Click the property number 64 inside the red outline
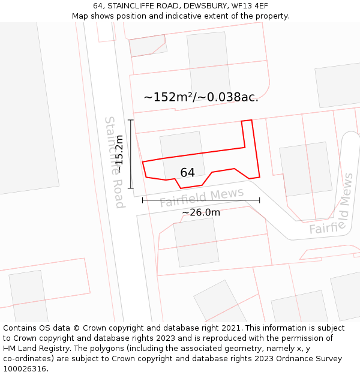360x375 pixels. pos(187,173)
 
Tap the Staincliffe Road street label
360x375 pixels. pos(115,162)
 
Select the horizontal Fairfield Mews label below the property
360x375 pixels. pos(202,196)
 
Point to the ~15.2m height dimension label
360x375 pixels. pos(119,154)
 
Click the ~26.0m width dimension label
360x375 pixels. pos(201,212)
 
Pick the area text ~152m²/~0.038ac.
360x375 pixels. pos(201,97)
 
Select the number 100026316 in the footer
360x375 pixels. pos(24,368)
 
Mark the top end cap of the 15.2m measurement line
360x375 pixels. pos(130,120)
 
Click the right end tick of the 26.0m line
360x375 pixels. pos(259,200)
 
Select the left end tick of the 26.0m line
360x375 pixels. pos(142,200)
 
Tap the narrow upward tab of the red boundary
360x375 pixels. pos(247,132)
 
